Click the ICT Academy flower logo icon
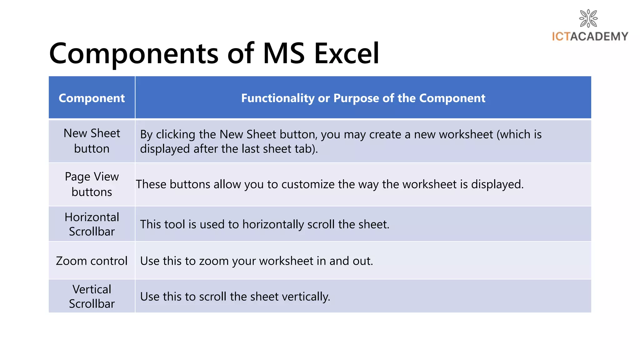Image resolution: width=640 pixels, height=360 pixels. pos(588,18)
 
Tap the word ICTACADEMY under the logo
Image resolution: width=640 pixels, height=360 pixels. pos(590,37)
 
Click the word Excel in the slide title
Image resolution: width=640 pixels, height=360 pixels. pos(347,53)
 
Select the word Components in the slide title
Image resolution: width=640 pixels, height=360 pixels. pos(134,53)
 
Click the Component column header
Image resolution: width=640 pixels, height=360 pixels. pos(92,98)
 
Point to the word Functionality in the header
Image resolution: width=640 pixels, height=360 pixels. pos(277,98)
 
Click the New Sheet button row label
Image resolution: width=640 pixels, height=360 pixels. pos(92,141)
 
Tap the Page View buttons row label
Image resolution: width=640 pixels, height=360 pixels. pos(92,184)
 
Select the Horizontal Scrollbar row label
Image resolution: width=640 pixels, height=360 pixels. pos(92,224)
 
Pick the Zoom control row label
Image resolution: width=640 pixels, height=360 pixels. pos(92,261)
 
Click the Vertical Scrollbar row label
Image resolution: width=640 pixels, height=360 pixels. pos(92,296)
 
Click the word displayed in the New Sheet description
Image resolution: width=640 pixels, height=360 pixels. pos(165,149)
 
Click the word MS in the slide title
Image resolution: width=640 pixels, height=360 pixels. pos(283,53)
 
